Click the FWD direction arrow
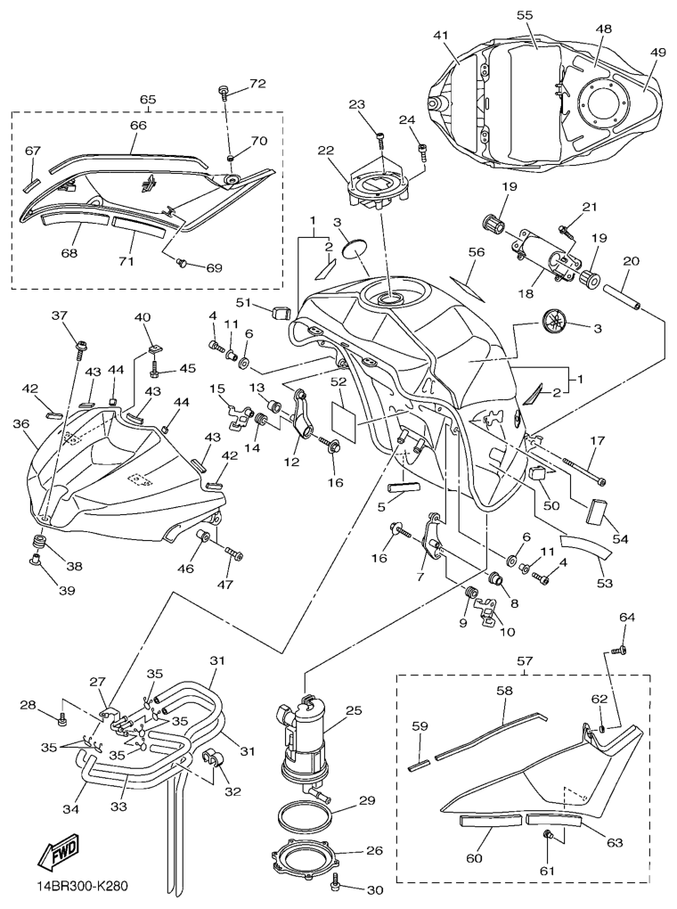click(x=54, y=854)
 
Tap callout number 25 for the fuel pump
click(x=354, y=711)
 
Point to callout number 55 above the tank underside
click(x=525, y=15)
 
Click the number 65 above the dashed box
click(x=147, y=100)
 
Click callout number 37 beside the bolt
click(x=59, y=315)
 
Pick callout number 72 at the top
click(x=257, y=85)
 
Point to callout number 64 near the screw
click(x=627, y=618)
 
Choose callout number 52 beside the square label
click(x=338, y=381)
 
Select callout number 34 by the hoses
click(x=69, y=809)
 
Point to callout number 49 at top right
click(x=657, y=53)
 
